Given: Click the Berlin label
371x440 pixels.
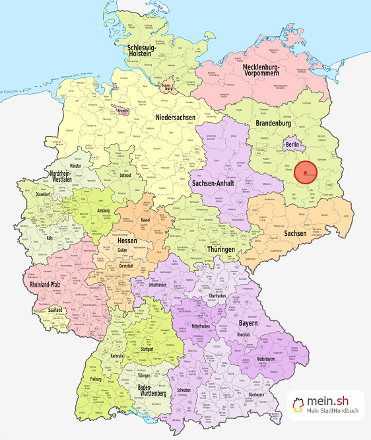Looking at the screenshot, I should [293, 144].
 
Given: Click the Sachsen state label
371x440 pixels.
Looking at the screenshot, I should [295, 233].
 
